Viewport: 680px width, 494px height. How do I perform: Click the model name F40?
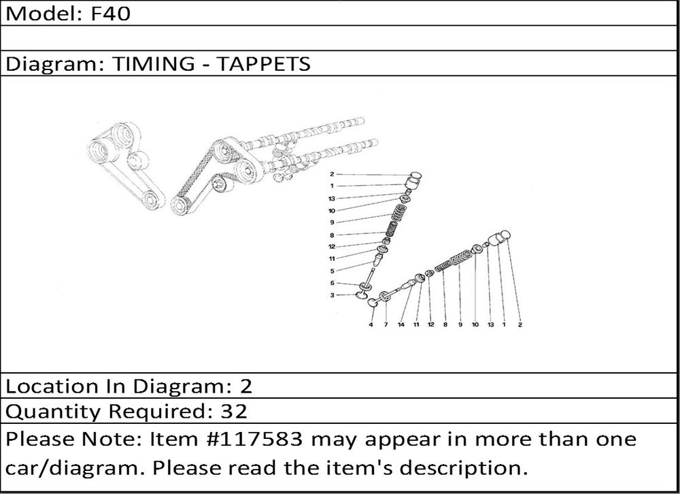pos(110,14)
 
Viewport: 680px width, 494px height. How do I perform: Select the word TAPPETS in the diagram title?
pos(263,64)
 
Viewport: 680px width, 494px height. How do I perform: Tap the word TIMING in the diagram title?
pos(154,64)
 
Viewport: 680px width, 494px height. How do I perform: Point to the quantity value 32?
pos(234,411)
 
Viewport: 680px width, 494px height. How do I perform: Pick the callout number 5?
pos(333,271)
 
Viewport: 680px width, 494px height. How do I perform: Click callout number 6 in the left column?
pos(333,283)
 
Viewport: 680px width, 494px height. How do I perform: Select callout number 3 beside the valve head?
pos(333,295)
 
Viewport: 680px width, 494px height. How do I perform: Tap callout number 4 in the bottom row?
pos(371,325)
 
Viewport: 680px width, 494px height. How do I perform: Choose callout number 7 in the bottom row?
pos(386,325)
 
